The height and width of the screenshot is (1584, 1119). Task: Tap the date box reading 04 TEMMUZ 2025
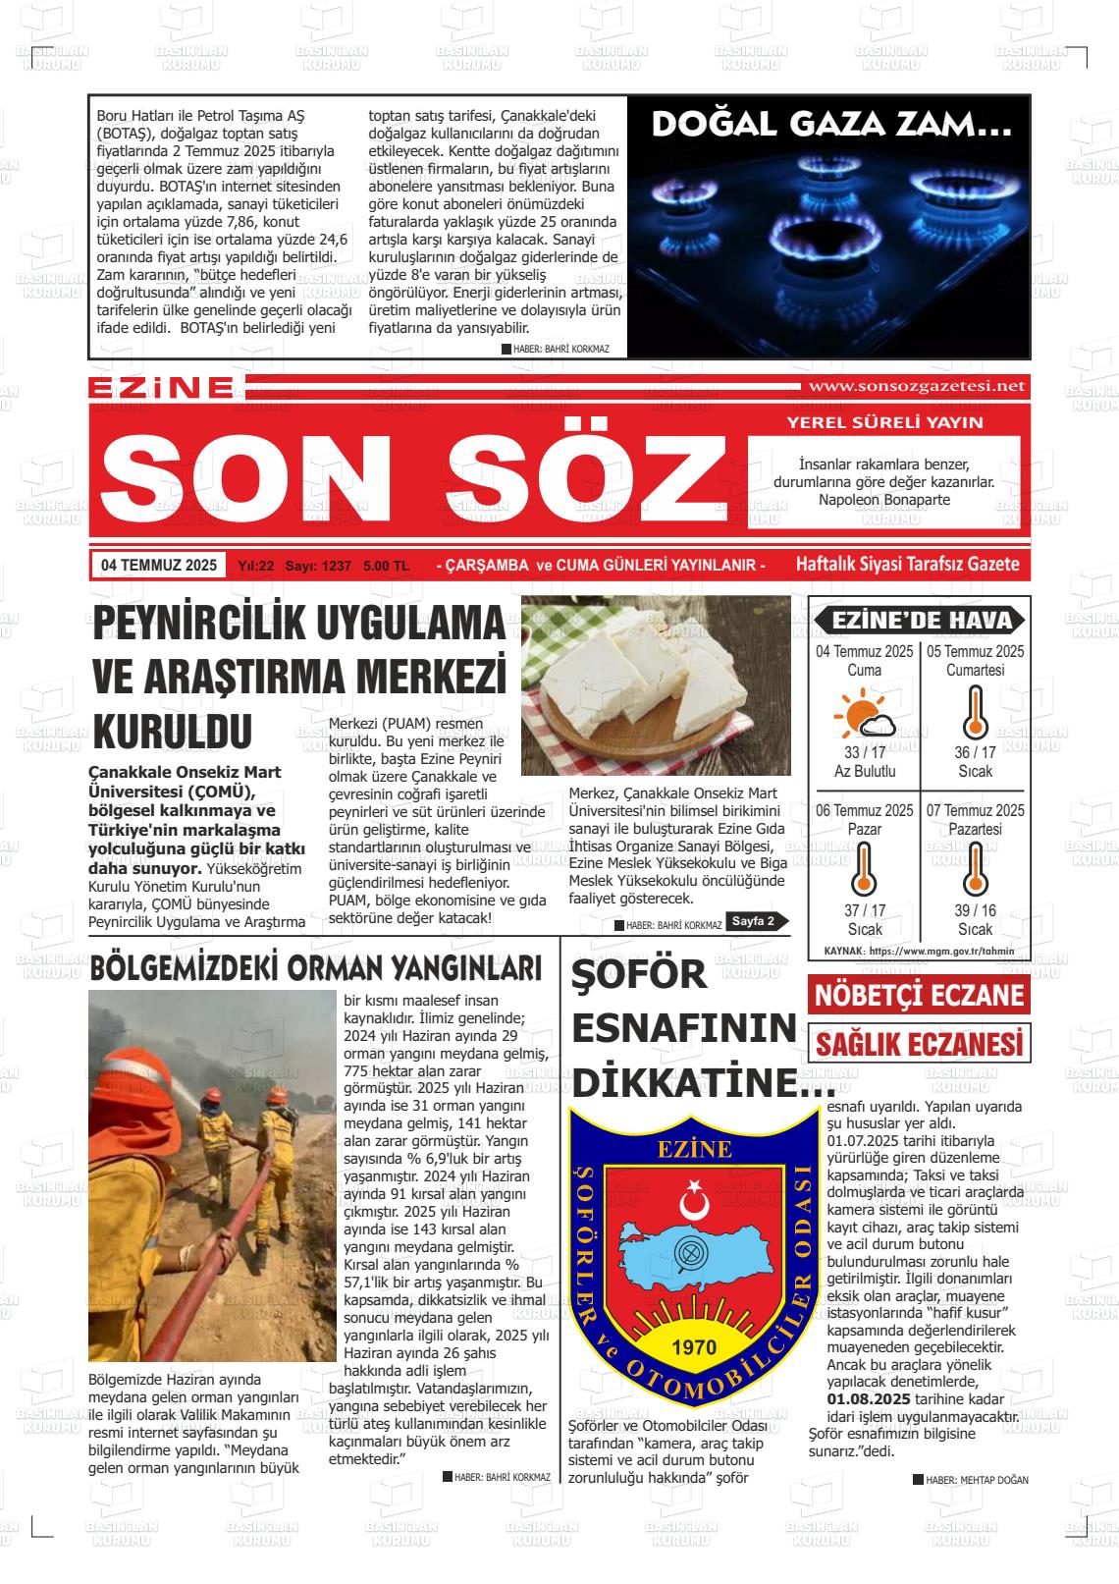158,566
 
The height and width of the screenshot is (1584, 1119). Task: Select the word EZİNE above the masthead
161,388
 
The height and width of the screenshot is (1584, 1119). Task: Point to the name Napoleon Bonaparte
883,500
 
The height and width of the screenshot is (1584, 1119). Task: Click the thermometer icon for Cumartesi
974,712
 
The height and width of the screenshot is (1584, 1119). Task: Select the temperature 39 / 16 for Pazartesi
975,910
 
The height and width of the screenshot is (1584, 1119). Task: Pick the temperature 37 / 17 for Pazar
865,910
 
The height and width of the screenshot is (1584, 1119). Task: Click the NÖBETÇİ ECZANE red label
919,995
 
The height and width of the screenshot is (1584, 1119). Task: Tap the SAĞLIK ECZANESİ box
919,1043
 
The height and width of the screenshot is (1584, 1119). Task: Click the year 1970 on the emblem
694,1346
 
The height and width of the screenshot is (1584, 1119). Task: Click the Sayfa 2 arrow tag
759,921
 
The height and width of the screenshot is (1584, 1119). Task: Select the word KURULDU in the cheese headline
172,732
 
